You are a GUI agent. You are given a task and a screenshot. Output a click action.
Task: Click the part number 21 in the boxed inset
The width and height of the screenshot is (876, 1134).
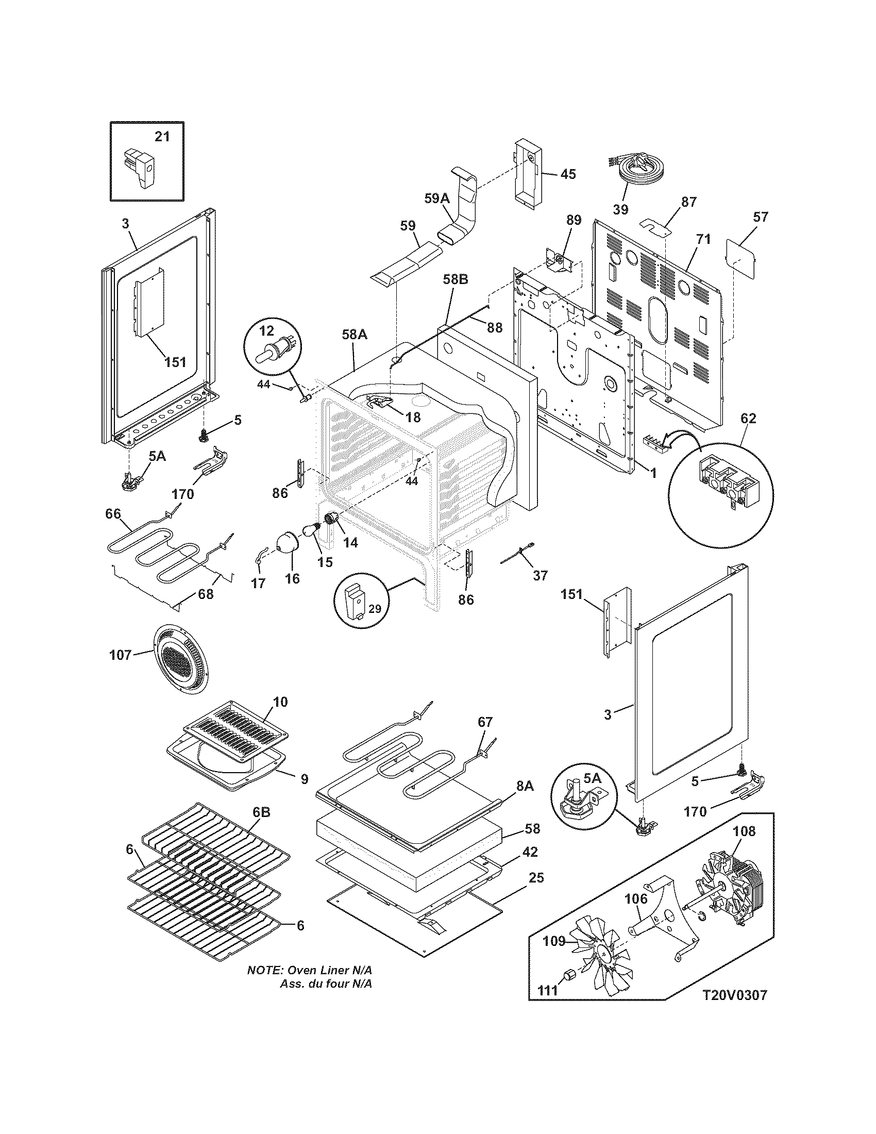click(x=162, y=136)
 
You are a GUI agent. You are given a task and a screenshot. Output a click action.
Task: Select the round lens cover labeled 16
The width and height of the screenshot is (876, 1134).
click(x=286, y=543)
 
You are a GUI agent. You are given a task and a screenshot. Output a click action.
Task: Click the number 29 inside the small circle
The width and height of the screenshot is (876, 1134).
click(x=374, y=609)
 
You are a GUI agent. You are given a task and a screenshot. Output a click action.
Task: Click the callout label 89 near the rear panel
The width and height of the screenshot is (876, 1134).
click(x=574, y=219)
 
